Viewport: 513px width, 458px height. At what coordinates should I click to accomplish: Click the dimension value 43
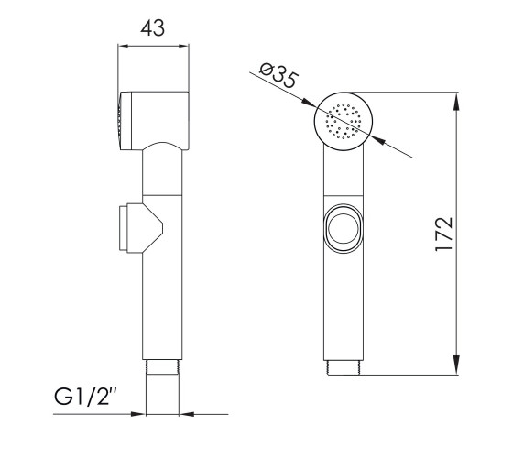[153, 27]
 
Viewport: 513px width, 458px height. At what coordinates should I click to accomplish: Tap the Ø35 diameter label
[278, 75]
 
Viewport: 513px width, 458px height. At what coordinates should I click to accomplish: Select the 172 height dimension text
[444, 234]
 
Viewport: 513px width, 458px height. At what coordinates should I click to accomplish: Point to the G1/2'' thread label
[86, 397]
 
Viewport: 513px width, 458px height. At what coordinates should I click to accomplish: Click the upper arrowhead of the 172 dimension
[457, 102]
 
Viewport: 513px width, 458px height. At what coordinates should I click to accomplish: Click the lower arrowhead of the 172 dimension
[457, 365]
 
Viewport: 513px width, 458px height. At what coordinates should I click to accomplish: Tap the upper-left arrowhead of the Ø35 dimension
[309, 103]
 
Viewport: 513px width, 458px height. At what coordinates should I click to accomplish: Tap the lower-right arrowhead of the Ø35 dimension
[378, 140]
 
